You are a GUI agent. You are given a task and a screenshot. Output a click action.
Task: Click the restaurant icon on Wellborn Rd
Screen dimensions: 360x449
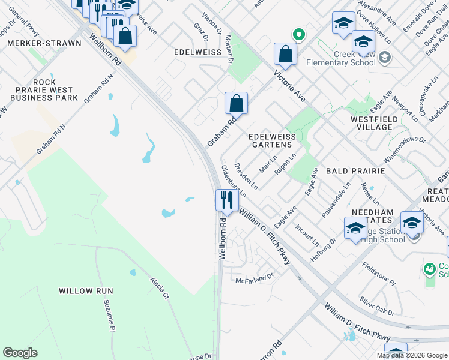(226, 200)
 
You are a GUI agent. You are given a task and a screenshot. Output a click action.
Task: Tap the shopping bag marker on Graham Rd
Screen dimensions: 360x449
(237, 103)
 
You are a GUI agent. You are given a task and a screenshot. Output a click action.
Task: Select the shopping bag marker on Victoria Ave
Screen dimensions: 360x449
(286, 53)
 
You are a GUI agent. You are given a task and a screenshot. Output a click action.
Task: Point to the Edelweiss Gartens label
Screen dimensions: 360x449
(273, 140)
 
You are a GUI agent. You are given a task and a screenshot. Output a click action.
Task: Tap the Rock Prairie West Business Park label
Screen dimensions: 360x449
(47, 90)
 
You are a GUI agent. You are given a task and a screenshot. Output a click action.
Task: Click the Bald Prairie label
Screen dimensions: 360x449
(355, 171)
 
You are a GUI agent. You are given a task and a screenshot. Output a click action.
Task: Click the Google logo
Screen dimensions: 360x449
(20, 353)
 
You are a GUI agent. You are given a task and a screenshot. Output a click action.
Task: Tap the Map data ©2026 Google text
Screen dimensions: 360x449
(412, 355)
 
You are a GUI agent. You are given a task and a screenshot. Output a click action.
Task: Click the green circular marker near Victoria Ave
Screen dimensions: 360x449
(296, 34)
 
